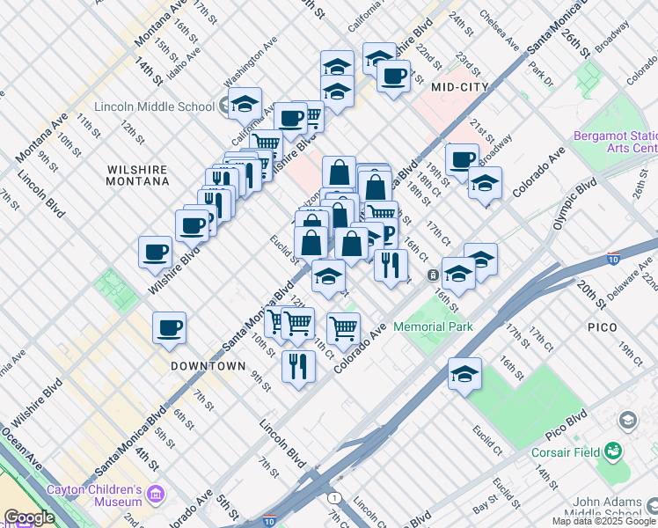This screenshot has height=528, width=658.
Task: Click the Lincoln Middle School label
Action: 156,106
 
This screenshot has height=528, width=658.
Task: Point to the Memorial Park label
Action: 433,326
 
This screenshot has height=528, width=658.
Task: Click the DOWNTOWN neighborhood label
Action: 208,365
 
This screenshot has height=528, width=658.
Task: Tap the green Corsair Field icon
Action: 613,453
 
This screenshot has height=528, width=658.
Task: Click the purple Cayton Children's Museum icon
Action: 156,495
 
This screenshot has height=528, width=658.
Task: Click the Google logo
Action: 29,517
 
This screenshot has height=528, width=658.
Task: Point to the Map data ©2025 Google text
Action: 604,521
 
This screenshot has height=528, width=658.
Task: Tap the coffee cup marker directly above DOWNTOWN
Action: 169,328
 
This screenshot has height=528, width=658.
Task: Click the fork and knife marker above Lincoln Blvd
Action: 299,364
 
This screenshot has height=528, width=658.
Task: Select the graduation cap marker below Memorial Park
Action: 464,374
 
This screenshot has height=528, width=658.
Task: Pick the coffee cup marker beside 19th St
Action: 462,159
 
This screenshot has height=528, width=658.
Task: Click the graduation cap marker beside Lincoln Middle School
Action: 245,102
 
